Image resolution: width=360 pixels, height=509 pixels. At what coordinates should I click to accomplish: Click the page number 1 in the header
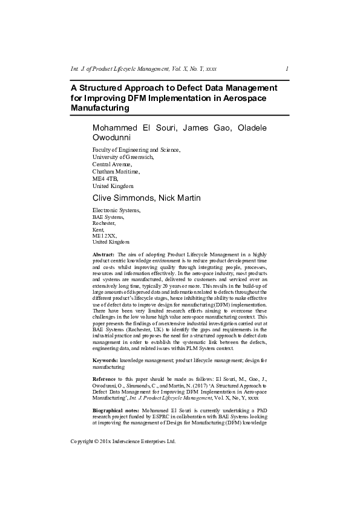pos(286,68)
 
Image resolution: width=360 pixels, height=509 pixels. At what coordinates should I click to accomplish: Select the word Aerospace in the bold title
pos(241,98)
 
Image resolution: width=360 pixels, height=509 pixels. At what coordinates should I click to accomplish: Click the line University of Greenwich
pos(123,156)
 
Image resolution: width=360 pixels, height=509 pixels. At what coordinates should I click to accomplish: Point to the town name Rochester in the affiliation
pos(104,223)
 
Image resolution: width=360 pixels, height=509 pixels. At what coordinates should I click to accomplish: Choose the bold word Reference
pos(106,378)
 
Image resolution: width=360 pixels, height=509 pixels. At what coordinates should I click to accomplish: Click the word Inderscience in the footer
pos(133,459)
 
